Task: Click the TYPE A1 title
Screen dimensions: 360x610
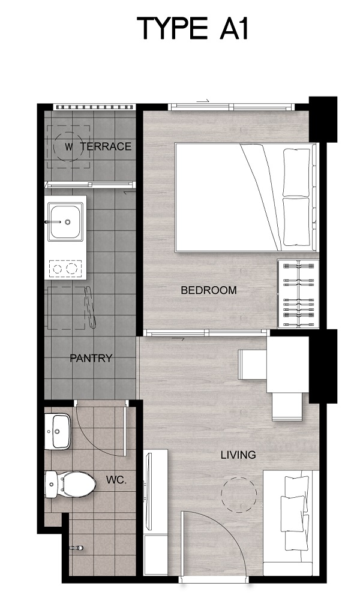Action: [192, 28]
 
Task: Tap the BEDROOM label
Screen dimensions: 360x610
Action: [209, 290]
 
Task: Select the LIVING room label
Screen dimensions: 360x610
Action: [238, 455]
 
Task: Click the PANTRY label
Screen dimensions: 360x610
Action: [91, 358]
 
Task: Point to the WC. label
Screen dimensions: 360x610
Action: [116, 480]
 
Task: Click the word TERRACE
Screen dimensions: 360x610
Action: [106, 146]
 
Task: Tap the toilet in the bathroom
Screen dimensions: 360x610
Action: [70, 485]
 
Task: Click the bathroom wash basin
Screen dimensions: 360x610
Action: [58, 431]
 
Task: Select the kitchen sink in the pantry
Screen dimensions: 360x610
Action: [65, 223]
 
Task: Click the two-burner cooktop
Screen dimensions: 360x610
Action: [65, 269]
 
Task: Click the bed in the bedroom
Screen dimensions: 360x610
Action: [247, 197]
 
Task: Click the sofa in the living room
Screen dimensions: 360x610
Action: [291, 523]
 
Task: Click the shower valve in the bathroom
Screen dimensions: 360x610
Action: [77, 548]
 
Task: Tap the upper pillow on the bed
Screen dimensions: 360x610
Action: [296, 172]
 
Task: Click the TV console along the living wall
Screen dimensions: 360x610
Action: [155, 512]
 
